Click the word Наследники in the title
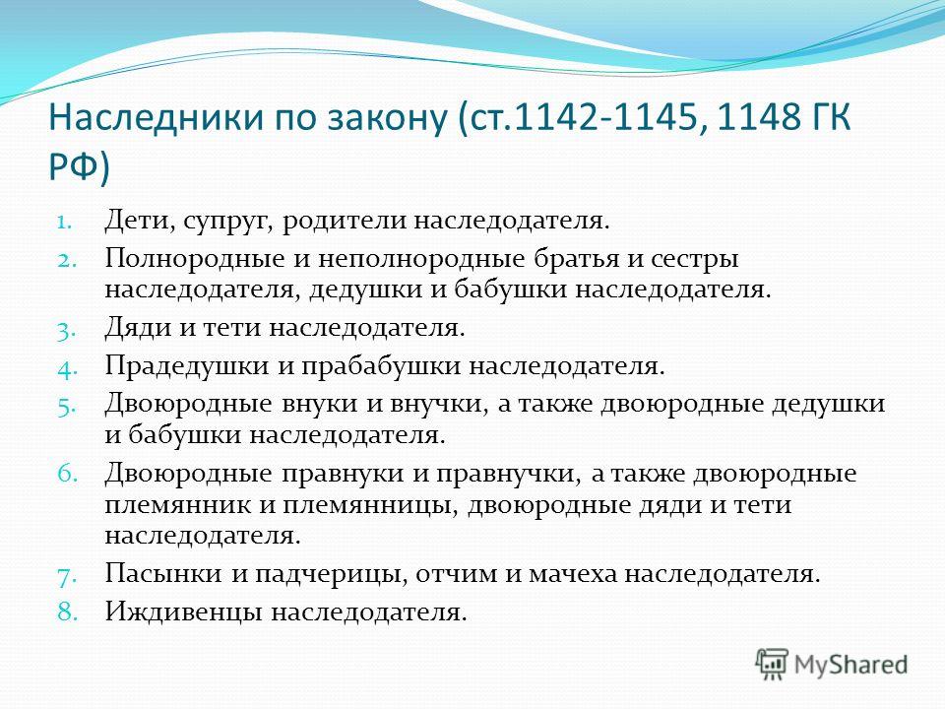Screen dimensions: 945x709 157,116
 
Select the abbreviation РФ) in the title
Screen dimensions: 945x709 79,165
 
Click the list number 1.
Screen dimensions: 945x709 65,222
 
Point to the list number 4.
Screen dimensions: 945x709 68,368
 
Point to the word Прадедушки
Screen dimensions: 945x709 186,366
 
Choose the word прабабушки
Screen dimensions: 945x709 380,366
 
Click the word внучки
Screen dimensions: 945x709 438,404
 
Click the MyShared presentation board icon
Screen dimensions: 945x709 772,664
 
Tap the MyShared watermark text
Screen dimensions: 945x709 850,665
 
